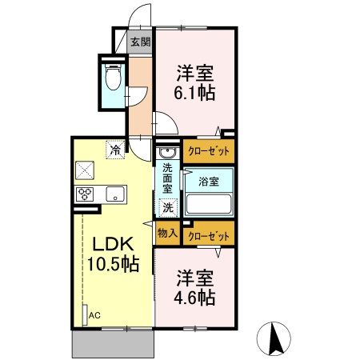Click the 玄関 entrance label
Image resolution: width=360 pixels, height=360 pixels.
click(x=141, y=42)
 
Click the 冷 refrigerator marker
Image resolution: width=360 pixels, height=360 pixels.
click(x=117, y=149)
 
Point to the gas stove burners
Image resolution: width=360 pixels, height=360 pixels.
click(x=86, y=193)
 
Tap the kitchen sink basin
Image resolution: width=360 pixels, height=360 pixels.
click(x=114, y=193)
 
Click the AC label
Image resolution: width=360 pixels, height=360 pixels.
click(x=95, y=315)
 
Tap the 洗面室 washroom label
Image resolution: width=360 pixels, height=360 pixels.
click(x=167, y=180)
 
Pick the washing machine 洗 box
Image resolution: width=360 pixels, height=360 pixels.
click(x=168, y=207)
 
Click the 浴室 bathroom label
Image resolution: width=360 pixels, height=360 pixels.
click(x=209, y=182)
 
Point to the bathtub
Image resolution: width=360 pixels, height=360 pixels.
click(x=209, y=204)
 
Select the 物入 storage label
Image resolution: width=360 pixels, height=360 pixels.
click(x=167, y=234)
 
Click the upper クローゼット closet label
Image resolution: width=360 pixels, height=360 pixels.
click(x=208, y=150)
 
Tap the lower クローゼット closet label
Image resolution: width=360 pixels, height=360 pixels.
click(x=208, y=236)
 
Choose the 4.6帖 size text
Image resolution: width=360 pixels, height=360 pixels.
click(x=195, y=298)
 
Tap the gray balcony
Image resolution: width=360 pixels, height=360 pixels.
click(x=112, y=345)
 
